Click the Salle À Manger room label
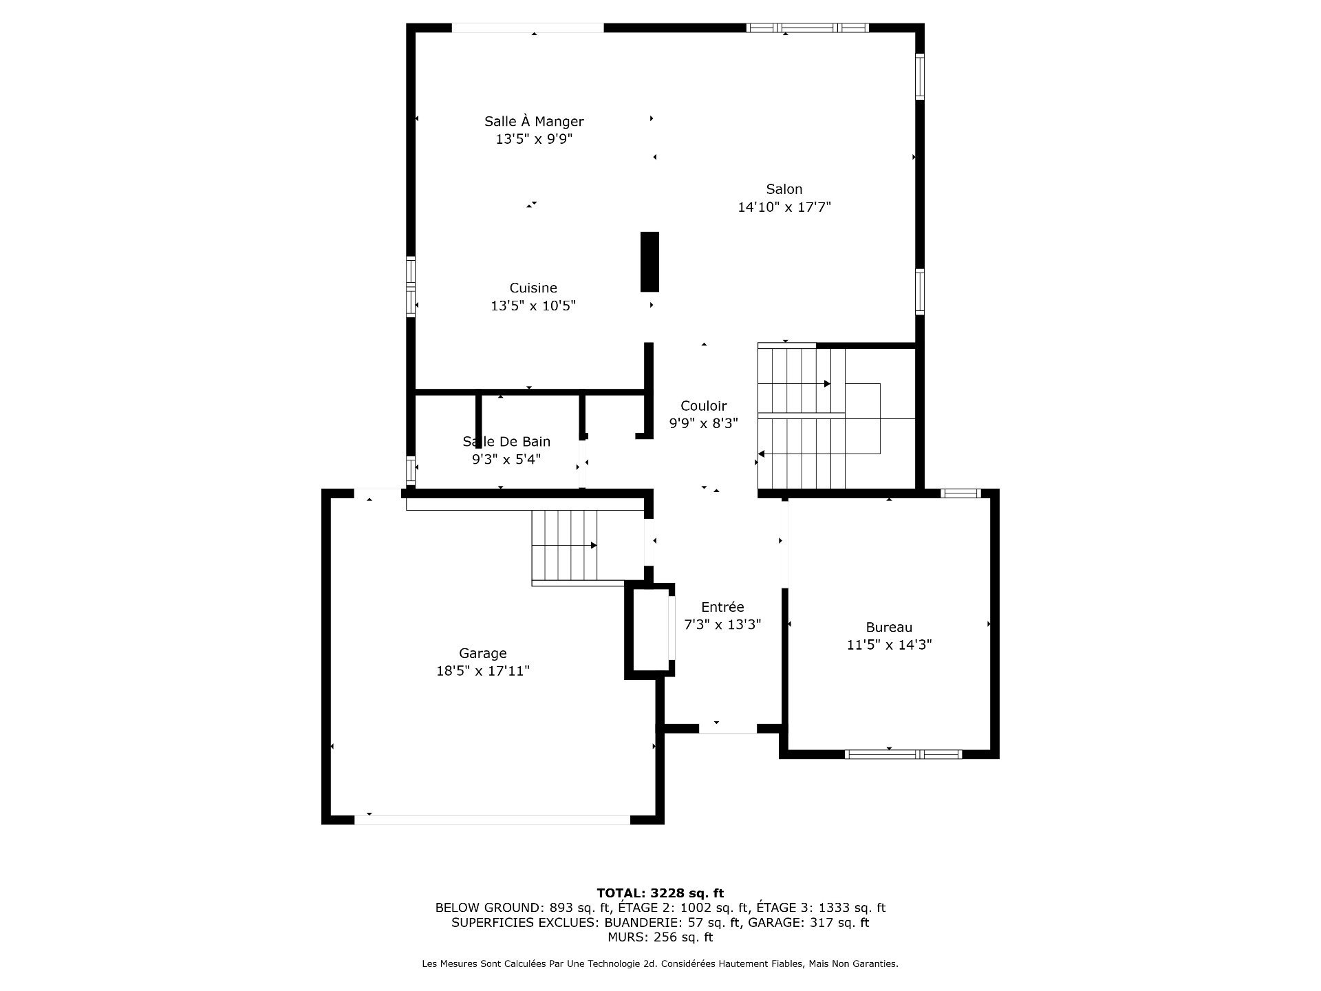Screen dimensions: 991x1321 pyautogui.click(x=534, y=122)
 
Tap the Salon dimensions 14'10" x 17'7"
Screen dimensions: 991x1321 pyautogui.click(x=784, y=207)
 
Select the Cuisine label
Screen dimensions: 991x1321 pyautogui.click(x=533, y=288)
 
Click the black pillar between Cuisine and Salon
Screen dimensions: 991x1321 pyautogui.click(x=649, y=262)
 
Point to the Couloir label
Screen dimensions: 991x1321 pyautogui.click(x=703, y=406)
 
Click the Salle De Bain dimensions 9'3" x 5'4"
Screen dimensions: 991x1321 pyautogui.click(x=506, y=459)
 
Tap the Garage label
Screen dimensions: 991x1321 pyautogui.click(x=482, y=653)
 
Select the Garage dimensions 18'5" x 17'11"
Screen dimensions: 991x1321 pyautogui.click(x=482, y=671)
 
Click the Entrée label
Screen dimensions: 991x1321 pyautogui.click(x=722, y=607)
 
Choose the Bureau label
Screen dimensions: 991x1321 pyautogui.click(x=889, y=627)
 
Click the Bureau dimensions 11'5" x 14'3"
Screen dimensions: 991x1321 pyautogui.click(x=889, y=645)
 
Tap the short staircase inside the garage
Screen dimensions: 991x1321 pyautogui.click(x=564, y=546)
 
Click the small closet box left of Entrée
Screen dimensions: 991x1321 pyautogui.click(x=649, y=630)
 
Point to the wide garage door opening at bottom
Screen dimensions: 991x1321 pyautogui.click(x=492, y=820)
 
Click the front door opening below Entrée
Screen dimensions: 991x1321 pyautogui.click(x=728, y=728)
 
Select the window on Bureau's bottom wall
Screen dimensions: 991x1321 pyautogui.click(x=903, y=754)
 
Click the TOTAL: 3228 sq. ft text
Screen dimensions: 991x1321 pyautogui.click(x=660, y=893)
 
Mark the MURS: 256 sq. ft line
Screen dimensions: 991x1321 pyautogui.click(x=660, y=937)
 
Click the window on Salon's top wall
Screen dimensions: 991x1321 pyautogui.click(x=808, y=28)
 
